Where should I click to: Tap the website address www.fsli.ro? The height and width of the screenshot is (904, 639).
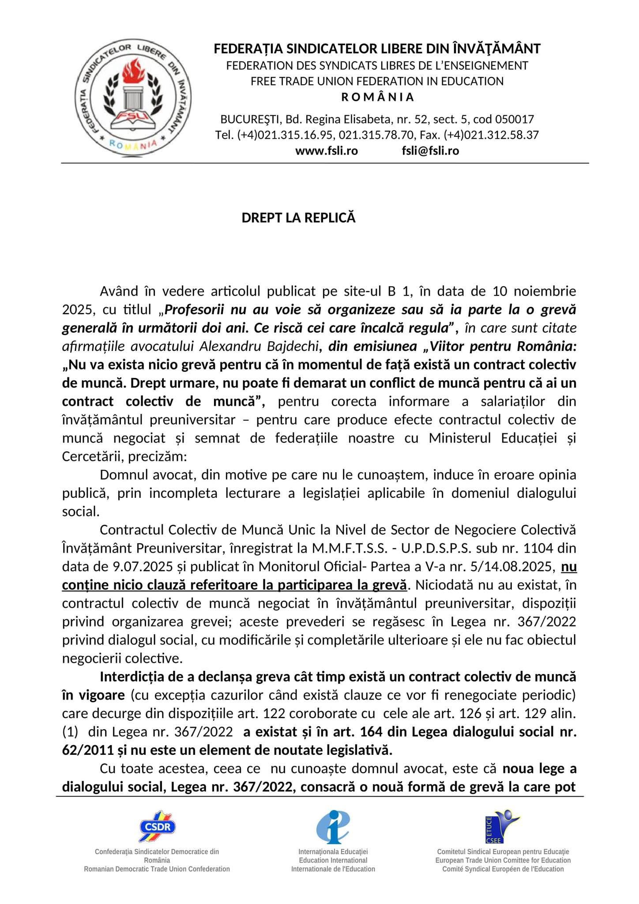(x=326, y=151)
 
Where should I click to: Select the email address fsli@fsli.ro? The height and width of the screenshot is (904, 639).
(x=430, y=151)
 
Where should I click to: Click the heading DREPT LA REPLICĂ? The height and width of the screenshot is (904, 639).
(x=298, y=218)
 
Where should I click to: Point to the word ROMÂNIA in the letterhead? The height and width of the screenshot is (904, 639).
(x=378, y=97)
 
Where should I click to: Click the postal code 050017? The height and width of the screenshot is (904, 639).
(x=515, y=119)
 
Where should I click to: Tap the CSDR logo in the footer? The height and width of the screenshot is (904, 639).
(x=158, y=826)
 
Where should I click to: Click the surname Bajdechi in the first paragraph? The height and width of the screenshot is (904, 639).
(x=298, y=347)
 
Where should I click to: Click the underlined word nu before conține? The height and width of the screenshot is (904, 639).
(x=569, y=567)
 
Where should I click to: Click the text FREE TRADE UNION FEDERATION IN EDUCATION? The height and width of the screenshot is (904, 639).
(x=377, y=81)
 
